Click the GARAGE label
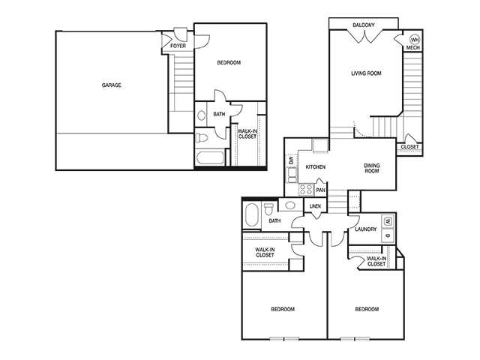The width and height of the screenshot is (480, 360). coord(112,85)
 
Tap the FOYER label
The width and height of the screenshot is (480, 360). coord(178,46)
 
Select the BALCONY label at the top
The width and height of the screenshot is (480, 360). coord(363,25)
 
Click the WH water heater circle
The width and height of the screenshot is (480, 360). coord(415,40)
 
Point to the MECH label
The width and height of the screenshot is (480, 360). coord(413,48)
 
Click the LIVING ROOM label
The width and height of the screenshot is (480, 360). coord(366,73)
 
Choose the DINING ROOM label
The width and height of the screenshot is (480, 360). coord(372,168)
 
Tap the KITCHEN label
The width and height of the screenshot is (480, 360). coord(316,166)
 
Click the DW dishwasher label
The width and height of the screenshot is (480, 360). coord(291,160)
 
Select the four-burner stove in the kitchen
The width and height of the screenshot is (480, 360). coord(306,189)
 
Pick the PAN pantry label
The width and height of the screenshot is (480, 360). coord(320,190)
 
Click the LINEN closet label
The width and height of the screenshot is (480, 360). coord(315,206)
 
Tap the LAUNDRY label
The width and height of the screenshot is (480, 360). coord(365,229)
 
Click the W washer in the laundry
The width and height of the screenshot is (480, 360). coord(388,220)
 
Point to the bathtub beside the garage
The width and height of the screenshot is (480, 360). coord(210,157)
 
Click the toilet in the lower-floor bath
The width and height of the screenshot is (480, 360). coord(202,137)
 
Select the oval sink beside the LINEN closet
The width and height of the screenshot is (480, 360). coord(290,205)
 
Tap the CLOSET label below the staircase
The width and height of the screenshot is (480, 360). coord(409,147)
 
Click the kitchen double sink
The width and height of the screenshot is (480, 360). coord(292,175)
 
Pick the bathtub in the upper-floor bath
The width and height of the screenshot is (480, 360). coord(253,215)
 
